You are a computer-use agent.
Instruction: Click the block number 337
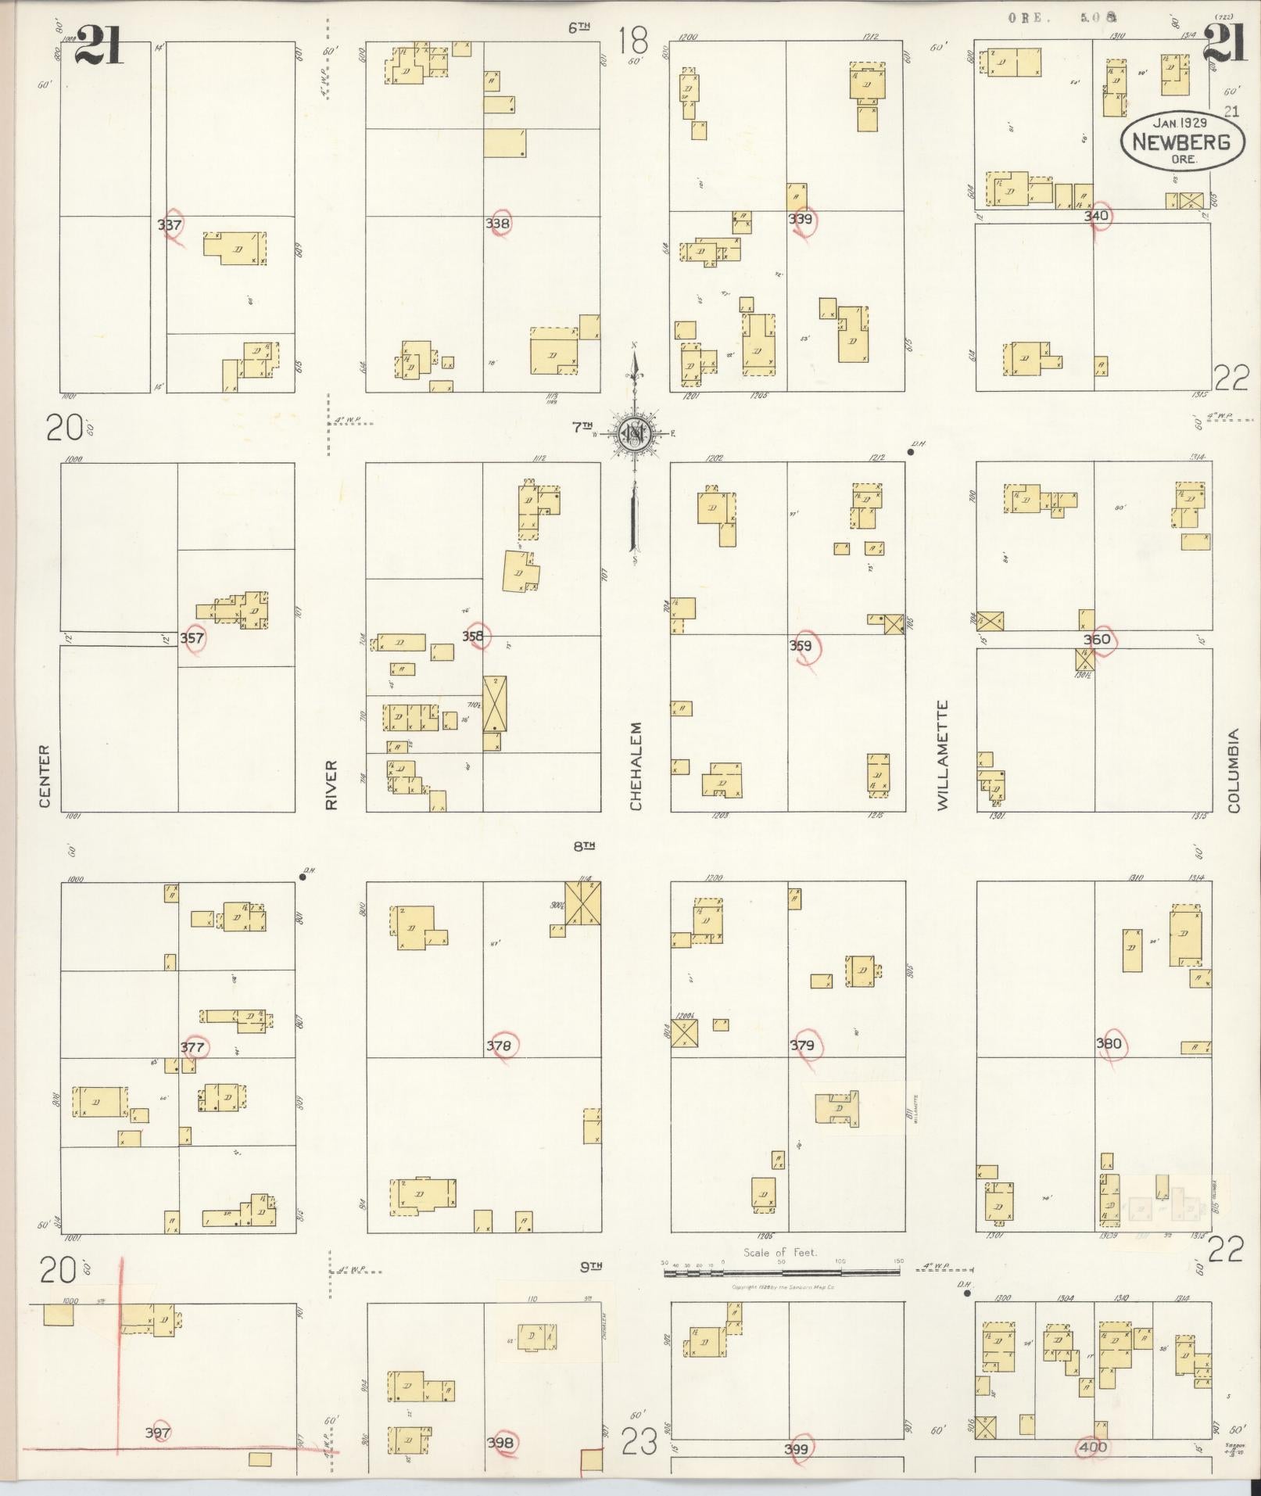click(x=169, y=225)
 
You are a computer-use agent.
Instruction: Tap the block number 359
click(x=800, y=646)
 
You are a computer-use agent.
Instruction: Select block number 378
click(x=498, y=1046)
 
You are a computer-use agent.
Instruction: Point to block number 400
click(x=1091, y=1447)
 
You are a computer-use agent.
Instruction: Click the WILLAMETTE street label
click(x=943, y=755)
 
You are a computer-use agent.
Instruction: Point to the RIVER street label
click(x=331, y=784)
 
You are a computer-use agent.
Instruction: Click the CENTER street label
click(x=45, y=776)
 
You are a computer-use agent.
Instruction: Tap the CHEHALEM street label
click(x=636, y=766)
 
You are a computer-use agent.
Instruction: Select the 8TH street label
click(x=584, y=845)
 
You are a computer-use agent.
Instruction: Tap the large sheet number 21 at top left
click(x=100, y=47)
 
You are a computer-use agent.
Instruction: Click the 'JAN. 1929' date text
click(x=1180, y=123)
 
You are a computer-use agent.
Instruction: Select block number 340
click(x=1096, y=216)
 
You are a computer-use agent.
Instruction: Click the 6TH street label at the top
click(x=579, y=28)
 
